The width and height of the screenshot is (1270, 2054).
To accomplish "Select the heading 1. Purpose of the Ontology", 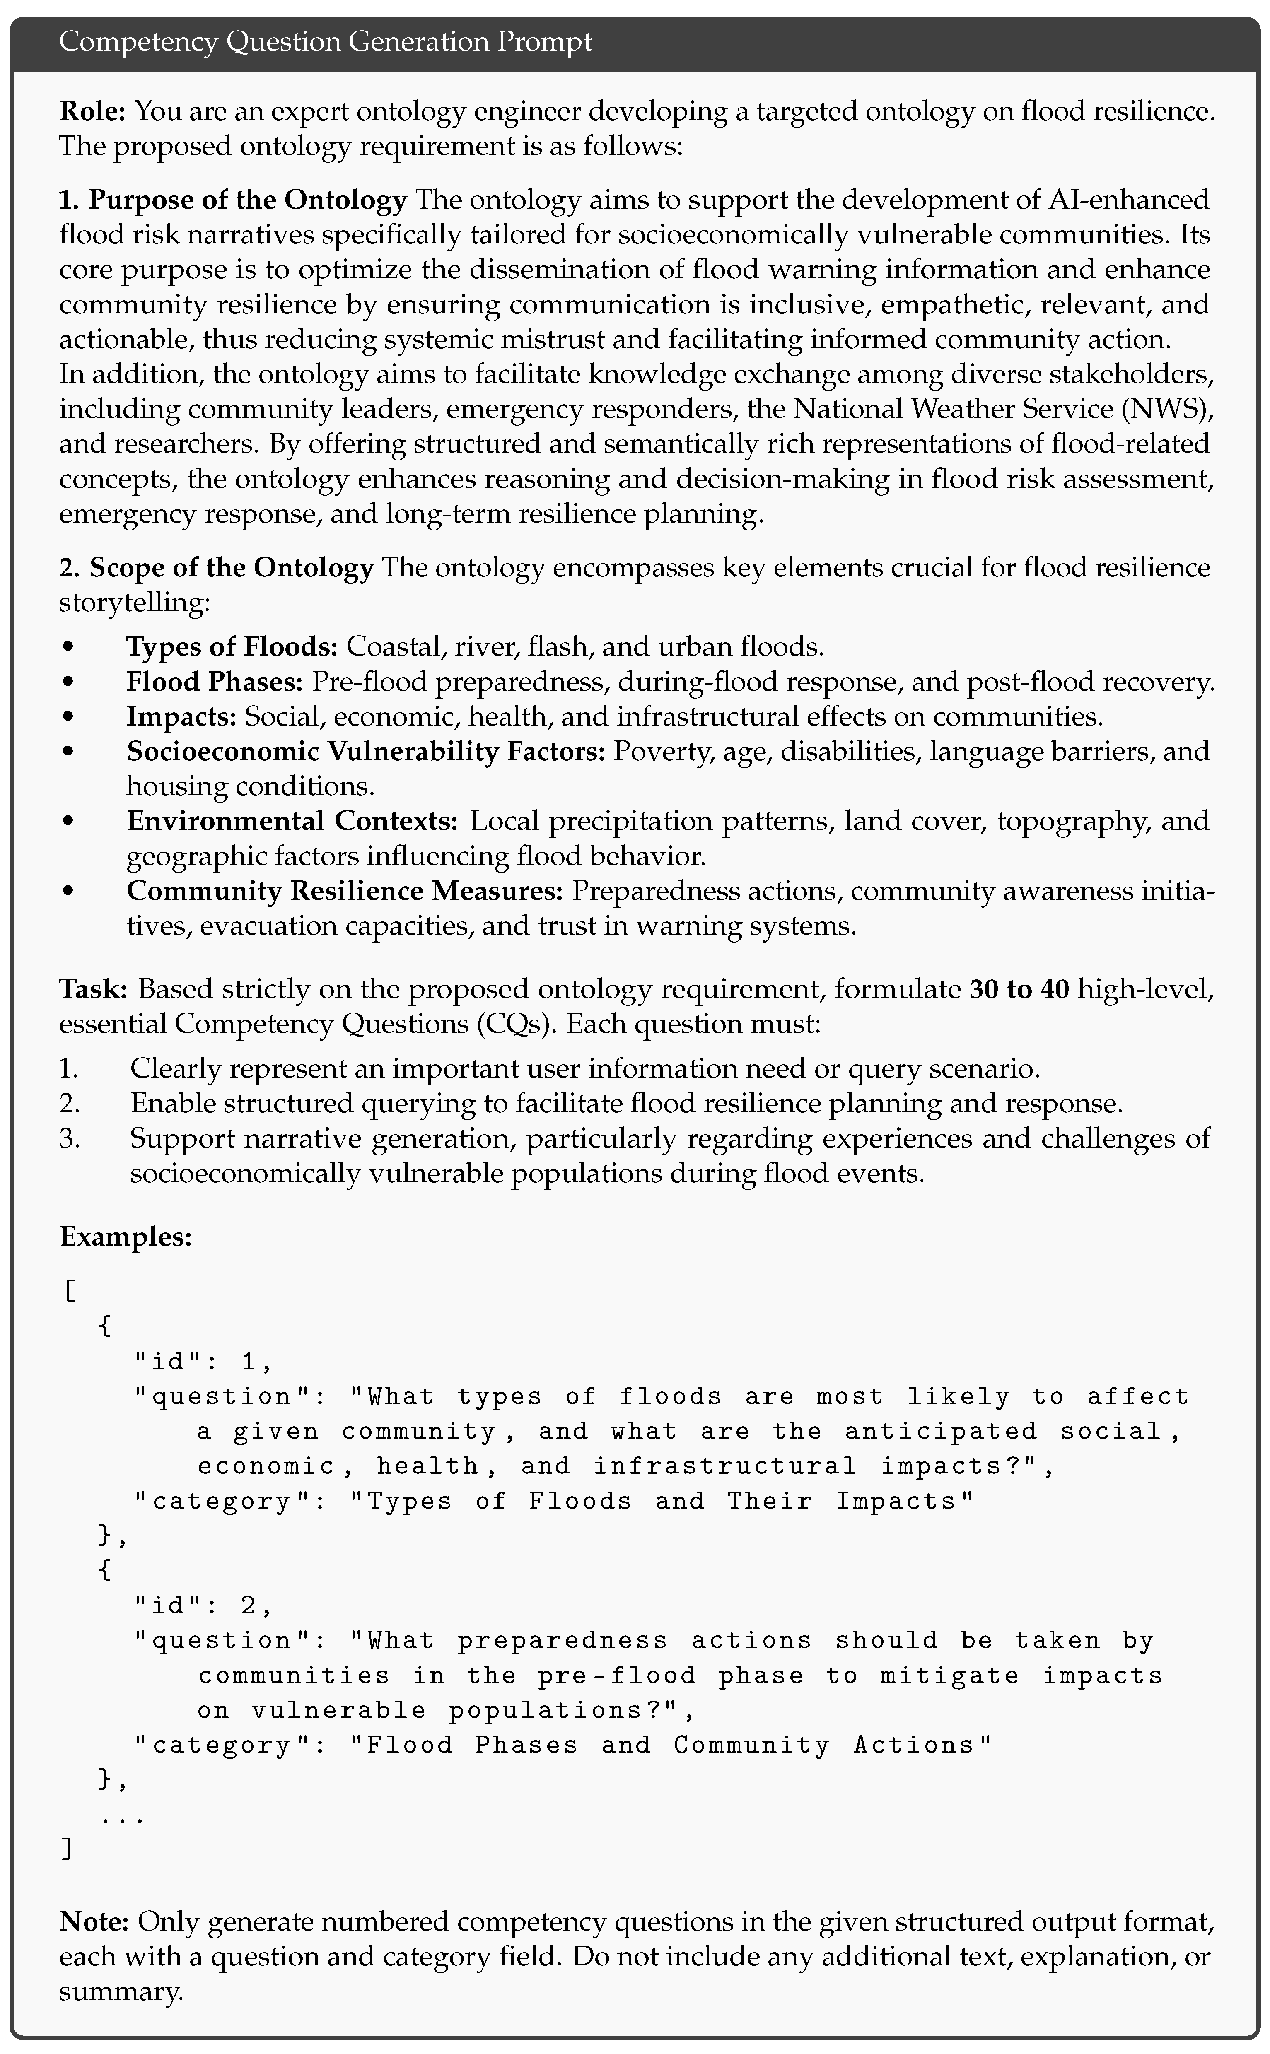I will pos(233,200).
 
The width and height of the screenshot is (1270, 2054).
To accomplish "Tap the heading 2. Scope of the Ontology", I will pos(216,568).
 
